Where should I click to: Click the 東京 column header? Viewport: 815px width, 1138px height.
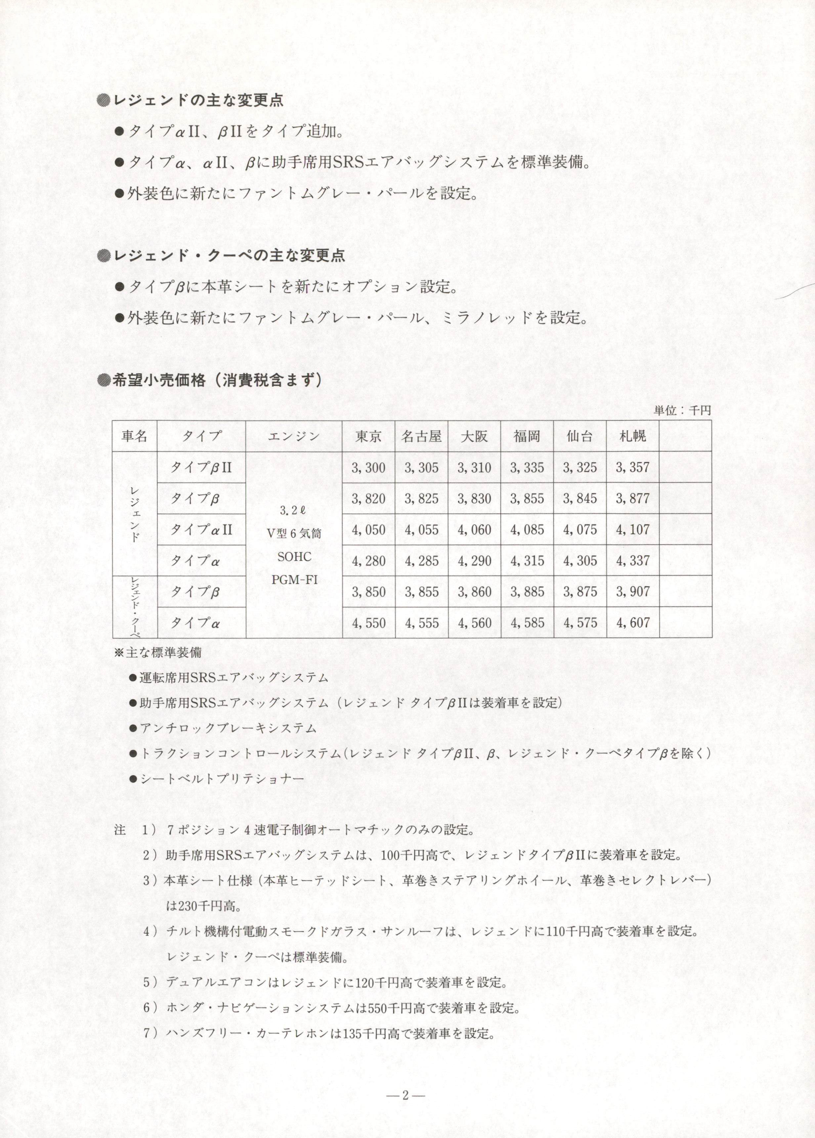click(x=368, y=436)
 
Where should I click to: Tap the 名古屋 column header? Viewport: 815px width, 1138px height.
click(x=421, y=436)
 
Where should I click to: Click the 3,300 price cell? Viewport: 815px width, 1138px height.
click(x=368, y=468)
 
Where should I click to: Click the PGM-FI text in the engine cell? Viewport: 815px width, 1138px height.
click(x=294, y=580)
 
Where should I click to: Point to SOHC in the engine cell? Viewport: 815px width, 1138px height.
click(x=294, y=556)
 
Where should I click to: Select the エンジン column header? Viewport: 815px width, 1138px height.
click(x=294, y=436)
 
